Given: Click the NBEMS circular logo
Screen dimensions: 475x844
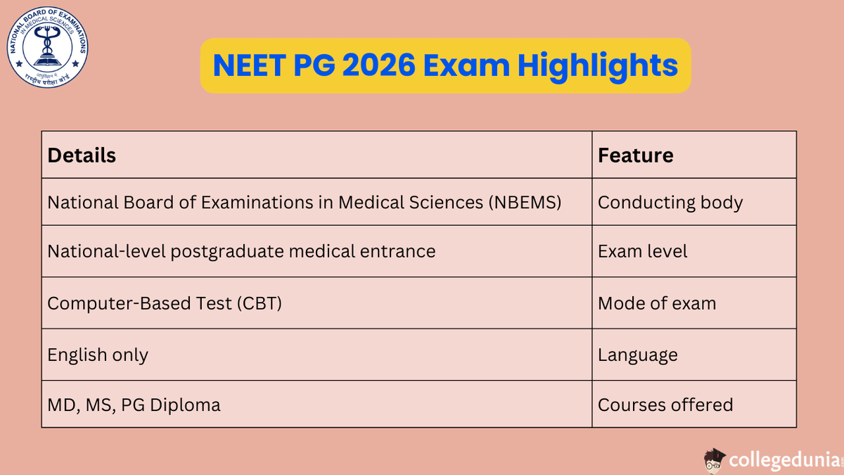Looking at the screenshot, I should pos(48,48).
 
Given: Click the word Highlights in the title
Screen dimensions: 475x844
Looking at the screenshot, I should pos(598,65).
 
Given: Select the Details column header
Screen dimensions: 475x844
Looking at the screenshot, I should pos(82,155).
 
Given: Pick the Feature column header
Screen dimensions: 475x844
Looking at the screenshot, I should pos(635,155).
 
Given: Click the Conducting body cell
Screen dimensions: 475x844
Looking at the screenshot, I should pos(670,203).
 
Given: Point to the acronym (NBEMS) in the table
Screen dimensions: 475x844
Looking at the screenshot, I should pos(525,203).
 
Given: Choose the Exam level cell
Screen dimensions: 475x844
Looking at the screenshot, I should pos(642,251).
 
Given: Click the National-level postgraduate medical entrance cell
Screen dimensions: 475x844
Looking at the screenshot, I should pos(241,251).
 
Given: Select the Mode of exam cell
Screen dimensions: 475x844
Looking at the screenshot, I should pos(656,303).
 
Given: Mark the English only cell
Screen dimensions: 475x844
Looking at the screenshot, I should pos(98,355).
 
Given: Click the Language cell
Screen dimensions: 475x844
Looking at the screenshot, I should pos(637,355).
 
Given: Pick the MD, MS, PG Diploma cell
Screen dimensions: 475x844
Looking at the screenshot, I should pos(134,405).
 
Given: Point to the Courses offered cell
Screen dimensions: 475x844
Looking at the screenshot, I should pos(665,405).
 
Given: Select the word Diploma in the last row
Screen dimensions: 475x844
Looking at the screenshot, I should pos(188,405).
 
